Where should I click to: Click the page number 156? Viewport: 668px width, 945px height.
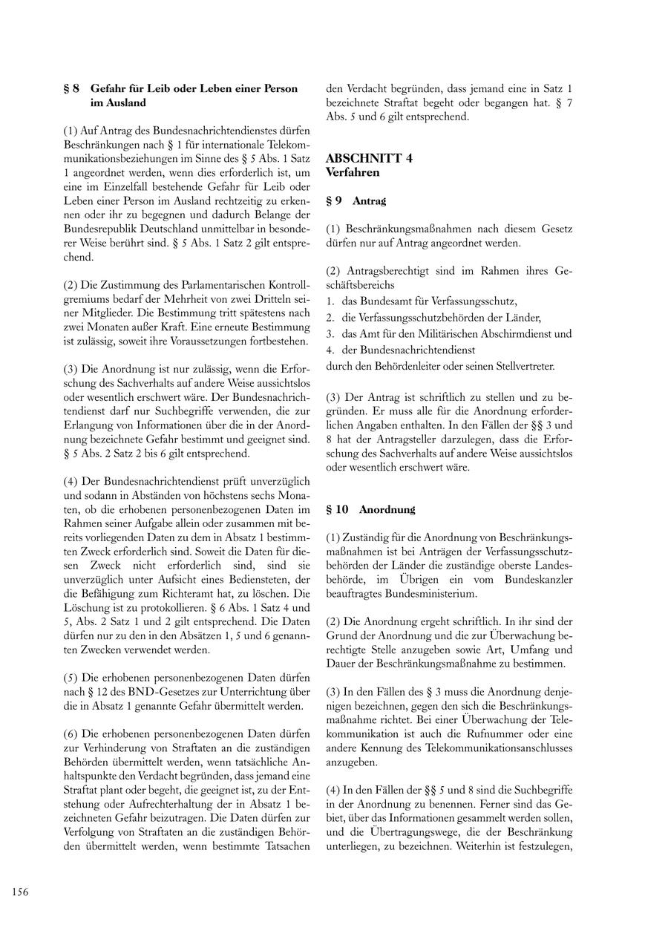(20, 892)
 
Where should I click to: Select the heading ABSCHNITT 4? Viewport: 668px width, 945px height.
(369, 158)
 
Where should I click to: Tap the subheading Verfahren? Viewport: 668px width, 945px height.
(353, 172)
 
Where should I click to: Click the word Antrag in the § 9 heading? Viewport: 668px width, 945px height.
(369, 200)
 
